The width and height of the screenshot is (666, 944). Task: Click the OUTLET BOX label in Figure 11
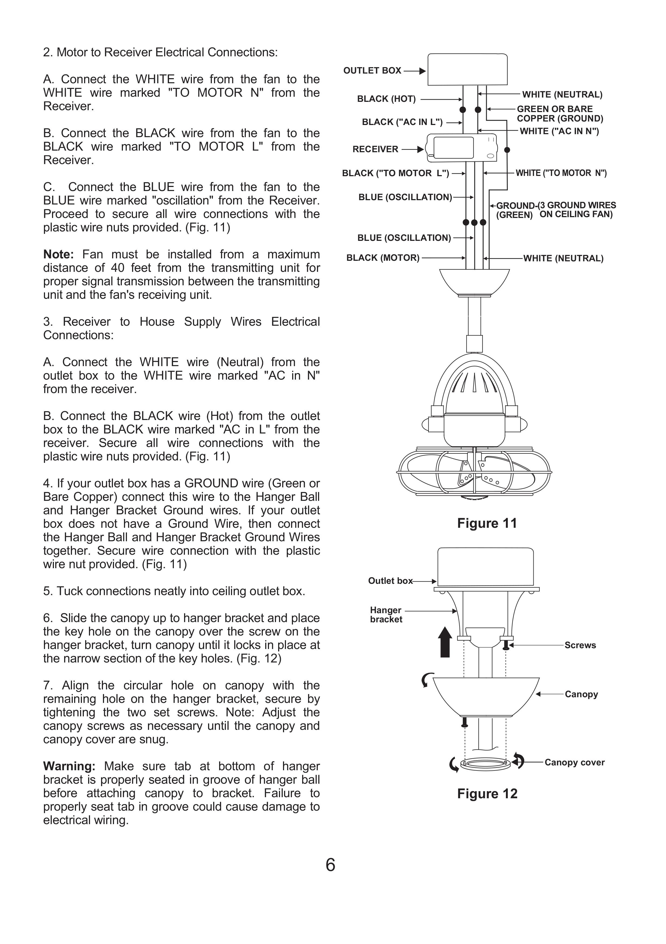click(x=372, y=71)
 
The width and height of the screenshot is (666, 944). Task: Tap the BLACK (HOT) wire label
click(x=386, y=99)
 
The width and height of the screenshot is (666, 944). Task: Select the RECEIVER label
click(x=375, y=149)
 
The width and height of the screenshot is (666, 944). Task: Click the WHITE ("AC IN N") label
click(x=559, y=131)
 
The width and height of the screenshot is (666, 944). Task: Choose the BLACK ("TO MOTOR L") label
click(x=395, y=173)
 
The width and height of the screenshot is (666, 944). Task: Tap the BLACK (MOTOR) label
click(x=382, y=258)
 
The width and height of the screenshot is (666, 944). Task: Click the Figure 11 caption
click(x=487, y=523)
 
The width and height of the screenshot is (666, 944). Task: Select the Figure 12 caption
click(x=487, y=793)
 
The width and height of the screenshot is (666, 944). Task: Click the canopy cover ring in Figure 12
click(x=485, y=764)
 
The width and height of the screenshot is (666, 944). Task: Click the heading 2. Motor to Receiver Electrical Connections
click(x=160, y=53)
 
